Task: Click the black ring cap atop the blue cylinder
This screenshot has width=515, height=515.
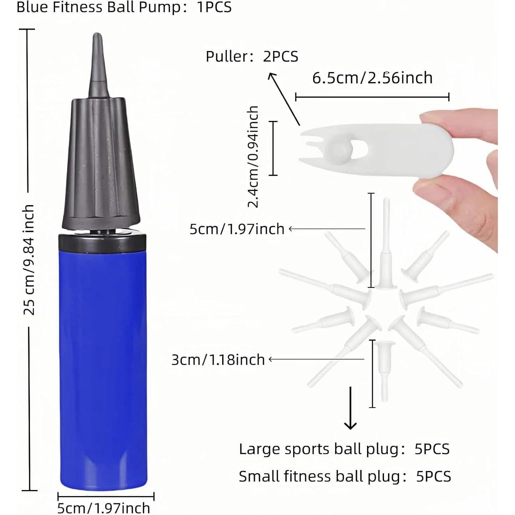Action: (102, 241)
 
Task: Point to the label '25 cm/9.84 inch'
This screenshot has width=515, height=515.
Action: (29, 259)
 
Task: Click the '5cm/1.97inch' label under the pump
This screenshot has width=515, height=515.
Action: (104, 508)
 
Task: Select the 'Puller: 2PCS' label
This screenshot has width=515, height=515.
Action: (252, 56)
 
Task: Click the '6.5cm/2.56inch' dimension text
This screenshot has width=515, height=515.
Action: (372, 78)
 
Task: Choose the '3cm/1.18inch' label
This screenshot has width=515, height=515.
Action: (218, 360)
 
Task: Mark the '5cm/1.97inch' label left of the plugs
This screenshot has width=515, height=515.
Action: (237, 229)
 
